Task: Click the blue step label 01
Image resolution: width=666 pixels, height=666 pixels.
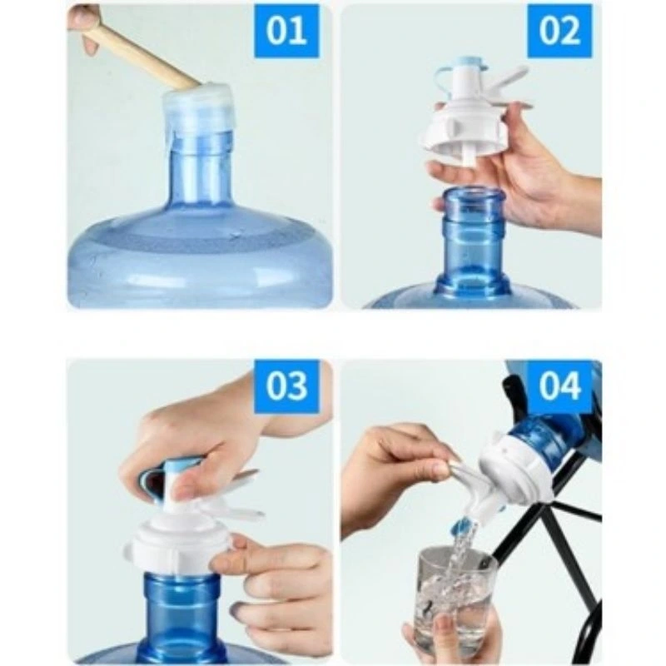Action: point(286,31)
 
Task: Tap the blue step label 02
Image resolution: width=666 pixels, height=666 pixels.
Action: point(559,31)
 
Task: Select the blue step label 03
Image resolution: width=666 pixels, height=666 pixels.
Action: point(286,386)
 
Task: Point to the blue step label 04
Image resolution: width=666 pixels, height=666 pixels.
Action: point(559,386)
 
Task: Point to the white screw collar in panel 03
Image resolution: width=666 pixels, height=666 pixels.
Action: point(178,549)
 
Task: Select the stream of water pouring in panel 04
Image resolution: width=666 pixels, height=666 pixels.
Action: point(461,552)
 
